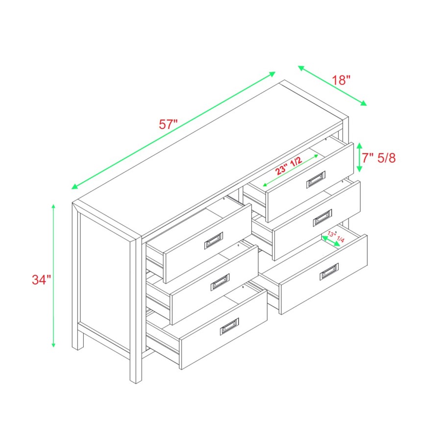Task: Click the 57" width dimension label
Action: (168, 124)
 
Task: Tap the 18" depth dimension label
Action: (341, 80)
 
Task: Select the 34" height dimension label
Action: (41, 280)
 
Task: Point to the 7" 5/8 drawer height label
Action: (379, 158)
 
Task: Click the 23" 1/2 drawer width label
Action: (289, 166)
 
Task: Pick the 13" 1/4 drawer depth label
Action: (336, 237)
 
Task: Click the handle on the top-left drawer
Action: (214, 241)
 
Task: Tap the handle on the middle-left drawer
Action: (220, 282)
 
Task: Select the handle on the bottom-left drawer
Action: (229, 326)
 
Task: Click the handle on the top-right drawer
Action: (316, 179)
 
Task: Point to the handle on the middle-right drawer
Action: (322, 218)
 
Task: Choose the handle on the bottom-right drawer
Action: (329, 271)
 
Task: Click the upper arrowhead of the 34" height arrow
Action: (53, 207)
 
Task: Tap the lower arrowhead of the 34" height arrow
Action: (53, 344)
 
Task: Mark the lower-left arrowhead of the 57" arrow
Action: (74, 187)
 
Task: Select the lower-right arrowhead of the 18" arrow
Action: (364, 103)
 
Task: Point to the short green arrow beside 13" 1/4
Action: (331, 241)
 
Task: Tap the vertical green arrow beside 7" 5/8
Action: (359, 157)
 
